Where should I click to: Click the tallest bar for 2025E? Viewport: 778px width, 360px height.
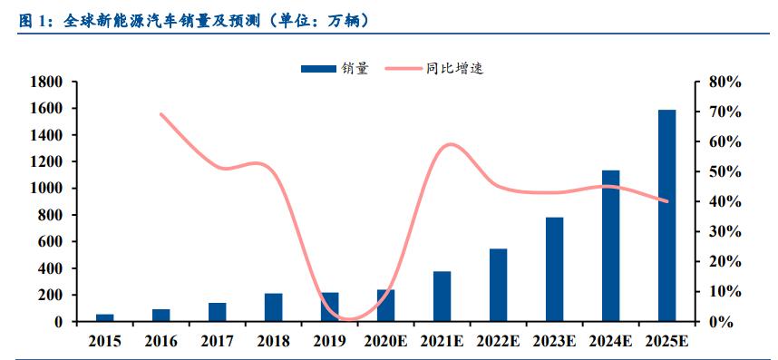point(666,216)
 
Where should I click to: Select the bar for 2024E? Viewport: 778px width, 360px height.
point(610,246)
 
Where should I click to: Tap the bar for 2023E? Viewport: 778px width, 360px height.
point(554,269)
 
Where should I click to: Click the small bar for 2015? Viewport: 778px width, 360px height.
point(105,317)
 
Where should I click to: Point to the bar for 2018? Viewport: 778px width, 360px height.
point(273,307)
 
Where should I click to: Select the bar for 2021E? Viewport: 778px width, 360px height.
point(442,297)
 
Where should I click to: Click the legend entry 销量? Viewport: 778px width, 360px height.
point(335,67)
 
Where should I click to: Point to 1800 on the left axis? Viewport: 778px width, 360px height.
point(45,82)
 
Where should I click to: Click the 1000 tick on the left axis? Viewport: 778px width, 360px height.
point(45,189)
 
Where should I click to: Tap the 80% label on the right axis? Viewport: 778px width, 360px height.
point(725,82)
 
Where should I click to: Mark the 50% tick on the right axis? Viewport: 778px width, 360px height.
point(725,171)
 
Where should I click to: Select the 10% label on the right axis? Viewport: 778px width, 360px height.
point(725,291)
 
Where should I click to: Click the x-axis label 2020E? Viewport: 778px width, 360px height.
point(385,341)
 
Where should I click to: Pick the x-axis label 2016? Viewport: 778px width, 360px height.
point(161,341)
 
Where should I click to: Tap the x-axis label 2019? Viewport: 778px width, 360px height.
point(329,341)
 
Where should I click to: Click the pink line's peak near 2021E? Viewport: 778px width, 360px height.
point(451,144)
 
